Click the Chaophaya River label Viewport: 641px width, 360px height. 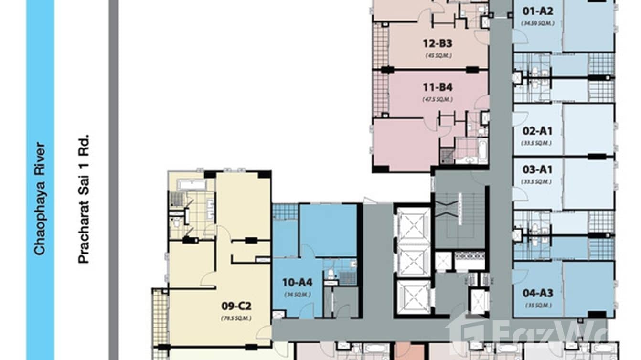coord(40,198)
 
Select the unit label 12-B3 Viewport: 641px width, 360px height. coord(437,44)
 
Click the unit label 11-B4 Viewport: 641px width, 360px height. coord(437,88)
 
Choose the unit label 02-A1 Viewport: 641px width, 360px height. coord(537,131)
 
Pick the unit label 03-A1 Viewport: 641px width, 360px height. coord(537,170)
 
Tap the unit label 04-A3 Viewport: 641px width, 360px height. coord(537,293)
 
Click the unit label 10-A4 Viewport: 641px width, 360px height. coord(297,283)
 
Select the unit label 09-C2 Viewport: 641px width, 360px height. coord(236,306)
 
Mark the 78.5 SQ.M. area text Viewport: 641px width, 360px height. coord(236,318)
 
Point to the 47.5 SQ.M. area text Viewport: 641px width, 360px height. coord(437,99)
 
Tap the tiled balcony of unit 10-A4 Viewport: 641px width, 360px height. coord(285,212)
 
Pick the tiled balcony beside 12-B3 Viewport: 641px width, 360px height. coord(380,45)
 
